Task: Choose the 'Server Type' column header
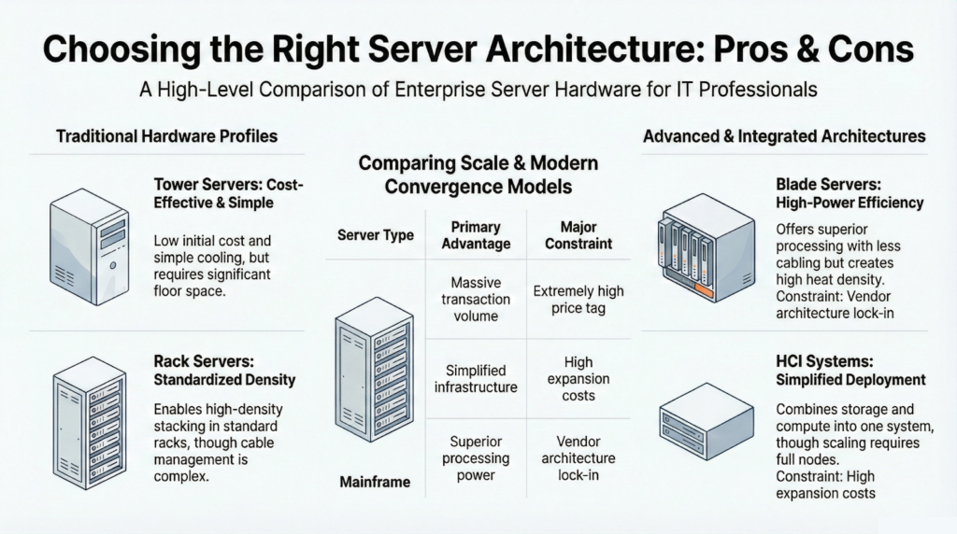click(x=376, y=234)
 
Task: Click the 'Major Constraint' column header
click(x=578, y=234)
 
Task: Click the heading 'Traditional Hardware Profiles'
click(x=166, y=136)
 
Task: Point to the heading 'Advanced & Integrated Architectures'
click(x=784, y=136)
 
